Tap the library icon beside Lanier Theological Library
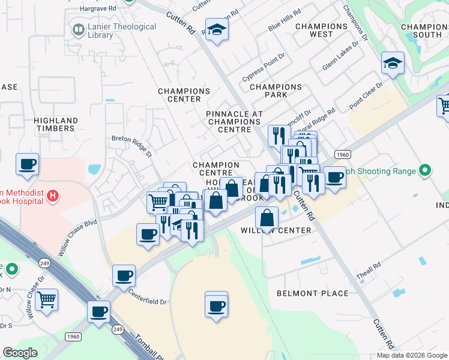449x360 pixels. tap(78, 29)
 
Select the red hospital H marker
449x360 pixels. tap(53, 195)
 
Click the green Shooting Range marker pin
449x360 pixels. tap(426, 171)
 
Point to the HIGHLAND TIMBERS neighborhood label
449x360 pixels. tap(56, 125)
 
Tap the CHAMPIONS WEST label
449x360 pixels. tap(321, 31)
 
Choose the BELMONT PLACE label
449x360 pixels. tap(312, 293)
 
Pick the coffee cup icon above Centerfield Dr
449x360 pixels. tap(124, 275)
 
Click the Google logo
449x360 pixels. tap(20, 353)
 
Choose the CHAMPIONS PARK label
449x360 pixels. tap(276, 91)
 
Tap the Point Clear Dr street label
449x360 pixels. tap(366, 96)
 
